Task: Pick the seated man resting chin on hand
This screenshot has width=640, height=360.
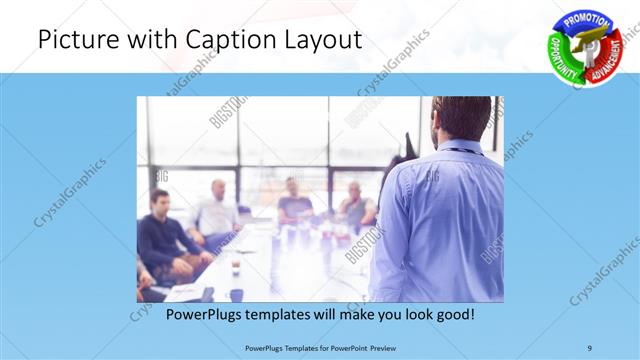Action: (355, 206)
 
